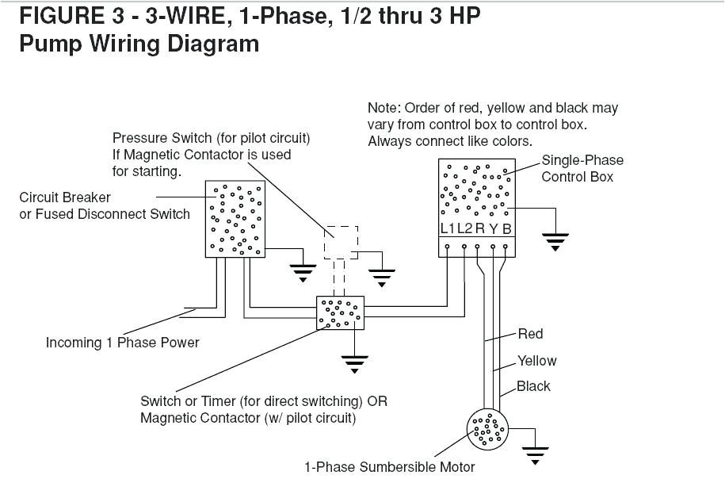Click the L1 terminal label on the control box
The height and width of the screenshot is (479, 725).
coord(448,229)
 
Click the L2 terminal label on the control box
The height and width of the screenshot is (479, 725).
coord(464,229)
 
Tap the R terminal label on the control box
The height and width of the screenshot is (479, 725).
coord(479,229)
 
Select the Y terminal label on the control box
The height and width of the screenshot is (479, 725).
coord(493,229)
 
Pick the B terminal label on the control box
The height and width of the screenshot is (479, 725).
coord(507,229)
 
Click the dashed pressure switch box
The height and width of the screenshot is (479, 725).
coord(341,242)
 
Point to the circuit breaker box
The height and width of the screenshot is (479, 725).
coord(235,218)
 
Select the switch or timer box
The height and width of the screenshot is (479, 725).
coord(340,313)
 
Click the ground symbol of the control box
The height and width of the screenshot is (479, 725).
coord(555,241)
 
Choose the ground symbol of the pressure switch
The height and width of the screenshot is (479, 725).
coord(383,277)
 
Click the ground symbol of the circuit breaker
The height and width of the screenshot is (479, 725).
coord(302,274)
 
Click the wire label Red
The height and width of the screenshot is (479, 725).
coord(530,334)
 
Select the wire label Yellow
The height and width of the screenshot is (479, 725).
coord(536,361)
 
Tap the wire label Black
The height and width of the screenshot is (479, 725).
coord(533,387)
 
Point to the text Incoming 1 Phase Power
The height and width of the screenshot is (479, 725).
coord(122,343)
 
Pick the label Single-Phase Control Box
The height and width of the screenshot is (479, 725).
coord(582,168)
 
